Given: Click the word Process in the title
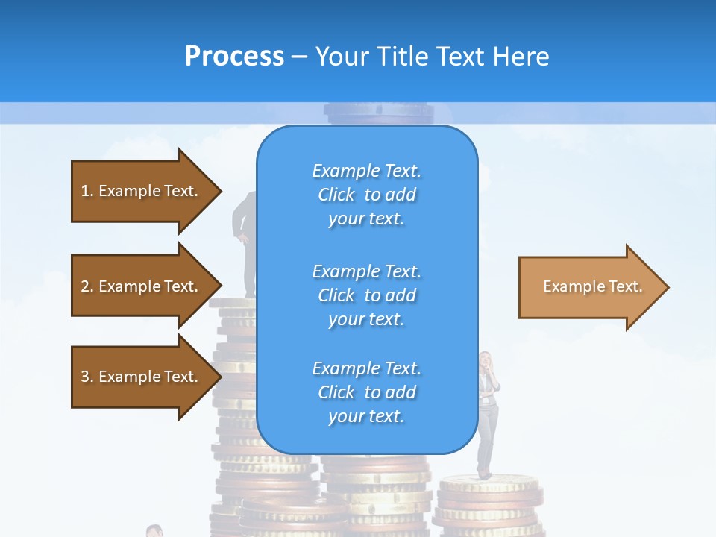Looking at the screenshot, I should tap(234, 57).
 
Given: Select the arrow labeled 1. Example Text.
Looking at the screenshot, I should tap(142, 191).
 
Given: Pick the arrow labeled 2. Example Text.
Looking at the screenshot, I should tap(142, 286).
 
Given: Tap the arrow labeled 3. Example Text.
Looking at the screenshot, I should tap(142, 377).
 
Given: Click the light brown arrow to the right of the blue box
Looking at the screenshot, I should tap(589, 287).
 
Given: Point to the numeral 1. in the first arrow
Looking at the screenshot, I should tap(87, 191).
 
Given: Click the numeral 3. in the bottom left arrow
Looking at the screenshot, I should tap(87, 377).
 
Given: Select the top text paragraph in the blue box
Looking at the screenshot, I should tap(366, 195).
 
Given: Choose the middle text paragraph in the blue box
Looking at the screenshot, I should tap(366, 295).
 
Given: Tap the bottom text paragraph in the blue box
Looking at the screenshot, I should tap(366, 392).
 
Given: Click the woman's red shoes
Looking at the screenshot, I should tap(484, 474).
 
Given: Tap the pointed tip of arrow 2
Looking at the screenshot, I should tap(219, 286).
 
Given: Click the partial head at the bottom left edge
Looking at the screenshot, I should tap(154, 531).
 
